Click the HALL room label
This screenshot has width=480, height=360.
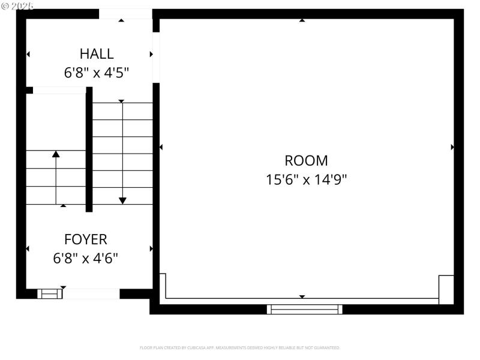tap(97, 53)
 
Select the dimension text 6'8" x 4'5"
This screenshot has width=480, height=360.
tap(97, 73)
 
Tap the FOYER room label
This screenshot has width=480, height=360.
tap(86, 239)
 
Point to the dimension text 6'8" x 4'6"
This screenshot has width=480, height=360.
tap(86, 259)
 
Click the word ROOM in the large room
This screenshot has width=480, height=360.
tap(306, 160)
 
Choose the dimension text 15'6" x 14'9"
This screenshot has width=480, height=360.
tap(306, 179)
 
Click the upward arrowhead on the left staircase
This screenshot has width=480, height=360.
tap(56, 154)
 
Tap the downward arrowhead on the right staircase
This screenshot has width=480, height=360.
tap(122, 200)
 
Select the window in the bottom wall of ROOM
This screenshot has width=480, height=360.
tap(305, 309)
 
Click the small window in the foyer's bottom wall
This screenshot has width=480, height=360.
tap(50, 293)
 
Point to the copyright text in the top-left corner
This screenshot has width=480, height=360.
tap(18, 5)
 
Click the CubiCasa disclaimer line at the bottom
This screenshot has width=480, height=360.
tap(240, 347)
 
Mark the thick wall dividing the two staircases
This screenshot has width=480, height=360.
tap(89, 150)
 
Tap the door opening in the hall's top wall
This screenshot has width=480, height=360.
tap(125, 14)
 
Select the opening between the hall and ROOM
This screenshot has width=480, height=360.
tap(156, 57)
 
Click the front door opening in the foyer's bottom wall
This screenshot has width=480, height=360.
tap(91, 293)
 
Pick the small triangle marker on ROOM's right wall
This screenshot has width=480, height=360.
tap(452, 147)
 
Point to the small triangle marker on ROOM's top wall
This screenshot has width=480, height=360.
tap(302, 20)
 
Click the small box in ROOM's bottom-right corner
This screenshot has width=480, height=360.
tap(446, 289)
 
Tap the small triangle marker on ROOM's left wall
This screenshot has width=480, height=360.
tap(161, 147)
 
